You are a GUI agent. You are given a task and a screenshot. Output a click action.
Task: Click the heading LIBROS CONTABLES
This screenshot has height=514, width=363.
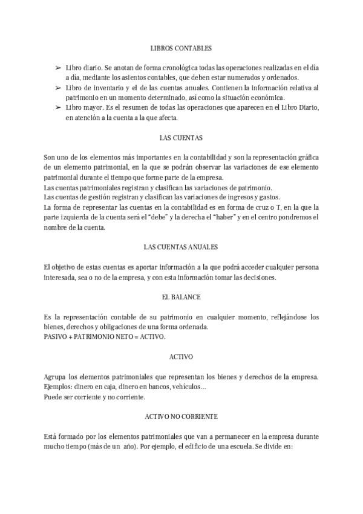pyautogui.click(x=181, y=47)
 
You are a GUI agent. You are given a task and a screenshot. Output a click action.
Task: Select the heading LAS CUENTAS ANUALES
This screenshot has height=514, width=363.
pyautogui.click(x=181, y=247)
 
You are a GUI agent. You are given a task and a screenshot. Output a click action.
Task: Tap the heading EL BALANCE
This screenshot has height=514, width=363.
pyautogui.click(x=181, y=298)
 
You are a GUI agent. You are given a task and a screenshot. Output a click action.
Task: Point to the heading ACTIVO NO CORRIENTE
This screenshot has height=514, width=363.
pyautogui.click(x=181, y=418)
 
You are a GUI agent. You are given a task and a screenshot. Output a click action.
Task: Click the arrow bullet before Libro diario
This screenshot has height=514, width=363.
pyautogui.click(x=57, y=68)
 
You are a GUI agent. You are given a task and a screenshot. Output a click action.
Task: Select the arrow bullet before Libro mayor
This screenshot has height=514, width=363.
pyautogui.click(x=57, y=108)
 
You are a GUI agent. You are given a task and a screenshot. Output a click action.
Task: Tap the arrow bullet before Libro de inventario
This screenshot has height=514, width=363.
pyautogui.click(x=57, y=88)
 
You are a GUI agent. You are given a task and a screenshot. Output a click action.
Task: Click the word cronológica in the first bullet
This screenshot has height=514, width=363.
pyautogui.click(x=165, y=68)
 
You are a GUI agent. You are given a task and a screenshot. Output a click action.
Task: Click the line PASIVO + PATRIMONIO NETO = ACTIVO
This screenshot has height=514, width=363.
pyautogui.click(x=104, y=336)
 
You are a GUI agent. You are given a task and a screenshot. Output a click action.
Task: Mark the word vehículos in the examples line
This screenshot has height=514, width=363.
pyautogui.click(x=188, y=387)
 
